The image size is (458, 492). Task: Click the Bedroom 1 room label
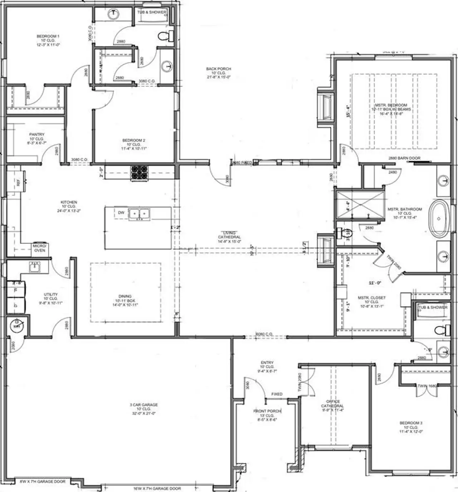(x=48, y=40)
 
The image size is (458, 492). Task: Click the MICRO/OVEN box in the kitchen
(x=40, y=248)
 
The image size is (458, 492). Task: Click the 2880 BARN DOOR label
(x=404, y=158)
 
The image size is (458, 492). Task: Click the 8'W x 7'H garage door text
(x=43, y=482)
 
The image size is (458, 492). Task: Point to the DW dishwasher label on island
(x=121, y=213)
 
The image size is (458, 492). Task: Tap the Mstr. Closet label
(x=372, y=302)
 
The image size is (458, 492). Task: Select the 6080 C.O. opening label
(x=264, y=334)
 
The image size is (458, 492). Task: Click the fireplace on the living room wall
(x=326, y=250)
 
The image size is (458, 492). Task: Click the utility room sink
(x=34, y=267)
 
